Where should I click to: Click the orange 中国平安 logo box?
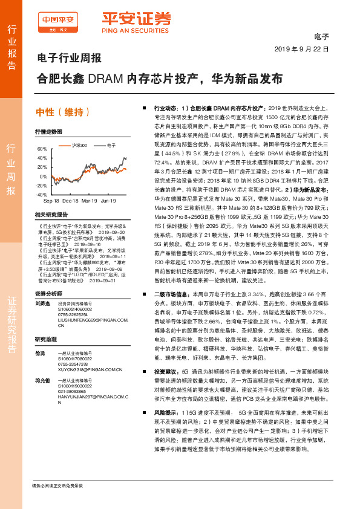[x=59, y=22]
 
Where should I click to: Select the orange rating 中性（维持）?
[x=64, y=111]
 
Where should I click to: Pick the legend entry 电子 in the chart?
[x=111, y=145]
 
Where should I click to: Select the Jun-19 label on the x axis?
[x=108, y=200]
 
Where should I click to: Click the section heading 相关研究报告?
[x=51, y=215]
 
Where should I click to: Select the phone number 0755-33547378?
[x=72, y=365]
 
